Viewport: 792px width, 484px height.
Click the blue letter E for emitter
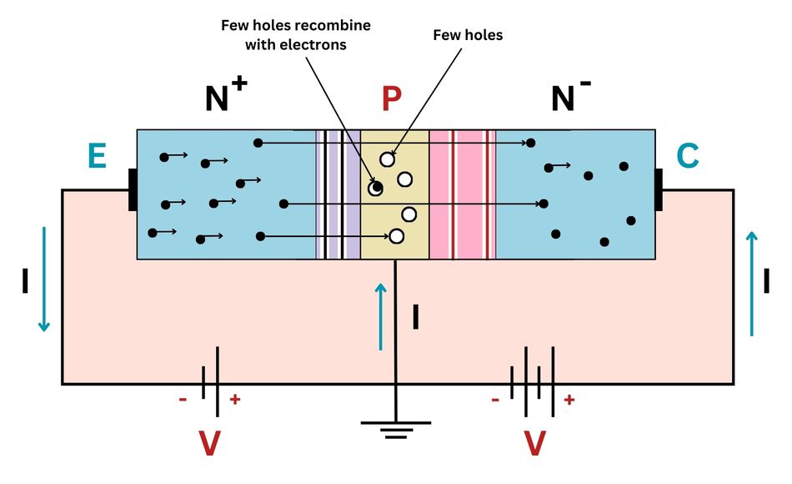(x=97, y=156)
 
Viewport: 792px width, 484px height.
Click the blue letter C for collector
(x=688, y=156)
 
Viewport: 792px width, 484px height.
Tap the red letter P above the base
(x=391, y=99)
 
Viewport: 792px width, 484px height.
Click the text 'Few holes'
(x=468, y=35)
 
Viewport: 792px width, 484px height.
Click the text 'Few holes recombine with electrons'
(x=296, y=35)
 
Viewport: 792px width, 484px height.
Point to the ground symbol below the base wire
(x=396, y=429)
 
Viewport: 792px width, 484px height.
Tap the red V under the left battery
(x=209, y=443)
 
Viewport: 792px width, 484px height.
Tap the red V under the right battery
(x=534, y=443)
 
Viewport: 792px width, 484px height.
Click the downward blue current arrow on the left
(x=44, y=279)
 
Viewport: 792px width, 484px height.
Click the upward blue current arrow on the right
(x=751, y=284)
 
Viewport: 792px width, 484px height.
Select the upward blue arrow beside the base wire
(x=381, y=316)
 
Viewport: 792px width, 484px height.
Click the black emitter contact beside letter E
(x=133, y=189)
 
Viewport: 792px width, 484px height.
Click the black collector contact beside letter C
(x=659, y=189)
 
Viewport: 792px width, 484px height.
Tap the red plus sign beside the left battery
(x=235, y=400)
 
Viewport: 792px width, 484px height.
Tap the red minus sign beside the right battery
(x=495, y=400)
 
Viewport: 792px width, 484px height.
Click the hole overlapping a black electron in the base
(x=376, y=188)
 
